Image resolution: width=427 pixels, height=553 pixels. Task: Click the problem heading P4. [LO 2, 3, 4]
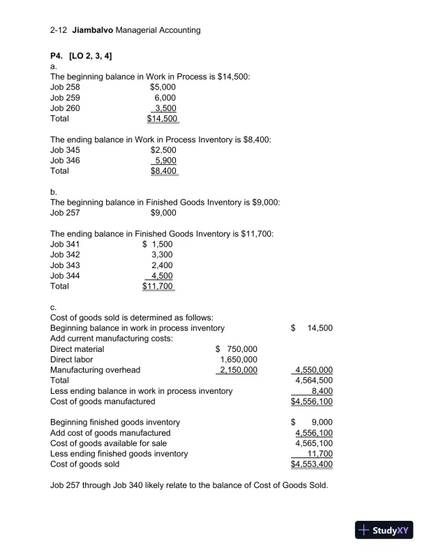point(82,55)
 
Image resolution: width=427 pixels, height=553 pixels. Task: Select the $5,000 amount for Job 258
point(163,87)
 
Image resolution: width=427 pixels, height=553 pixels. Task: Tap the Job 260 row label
point(66,108)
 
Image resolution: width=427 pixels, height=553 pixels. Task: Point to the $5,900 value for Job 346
point(165,160)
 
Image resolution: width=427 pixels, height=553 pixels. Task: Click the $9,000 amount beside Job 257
point(163,212)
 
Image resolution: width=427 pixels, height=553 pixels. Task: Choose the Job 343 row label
point(66,265)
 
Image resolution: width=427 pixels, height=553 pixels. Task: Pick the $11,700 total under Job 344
point(158,286)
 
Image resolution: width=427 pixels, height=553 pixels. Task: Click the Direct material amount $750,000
point(237,348)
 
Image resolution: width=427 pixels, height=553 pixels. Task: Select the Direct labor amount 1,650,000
point(239,359)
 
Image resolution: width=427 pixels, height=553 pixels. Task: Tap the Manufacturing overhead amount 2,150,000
point(238,369)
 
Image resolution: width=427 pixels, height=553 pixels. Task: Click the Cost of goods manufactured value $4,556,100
point(312,401)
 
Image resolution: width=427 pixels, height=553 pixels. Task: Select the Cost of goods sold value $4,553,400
point(312,464)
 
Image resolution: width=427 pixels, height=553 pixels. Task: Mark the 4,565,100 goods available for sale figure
point(314,443)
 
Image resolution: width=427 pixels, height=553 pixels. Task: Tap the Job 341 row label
point(66,244)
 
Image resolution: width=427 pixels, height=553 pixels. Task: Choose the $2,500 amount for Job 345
point(163,149)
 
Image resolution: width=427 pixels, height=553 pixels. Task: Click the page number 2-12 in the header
point(60,30)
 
